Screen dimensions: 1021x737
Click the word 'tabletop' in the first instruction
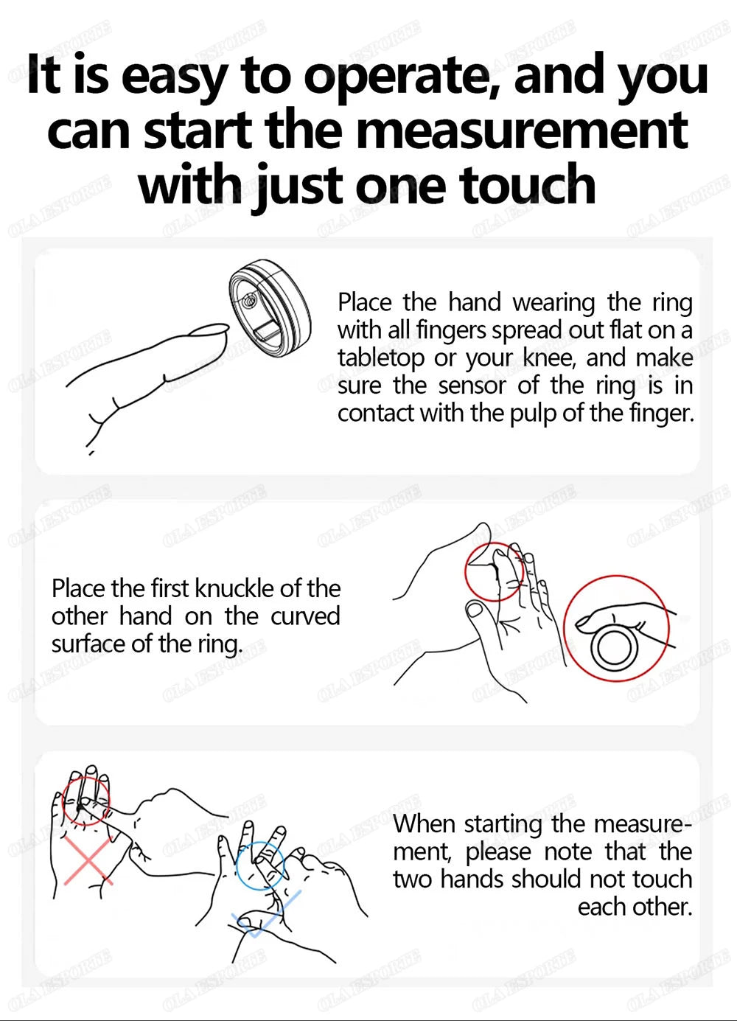tap(381, 358)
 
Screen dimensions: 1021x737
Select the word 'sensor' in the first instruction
tap(471, 385)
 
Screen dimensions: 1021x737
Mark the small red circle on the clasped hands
tap(494, 571)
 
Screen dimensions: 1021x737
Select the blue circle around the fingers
tap(260, 865)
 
